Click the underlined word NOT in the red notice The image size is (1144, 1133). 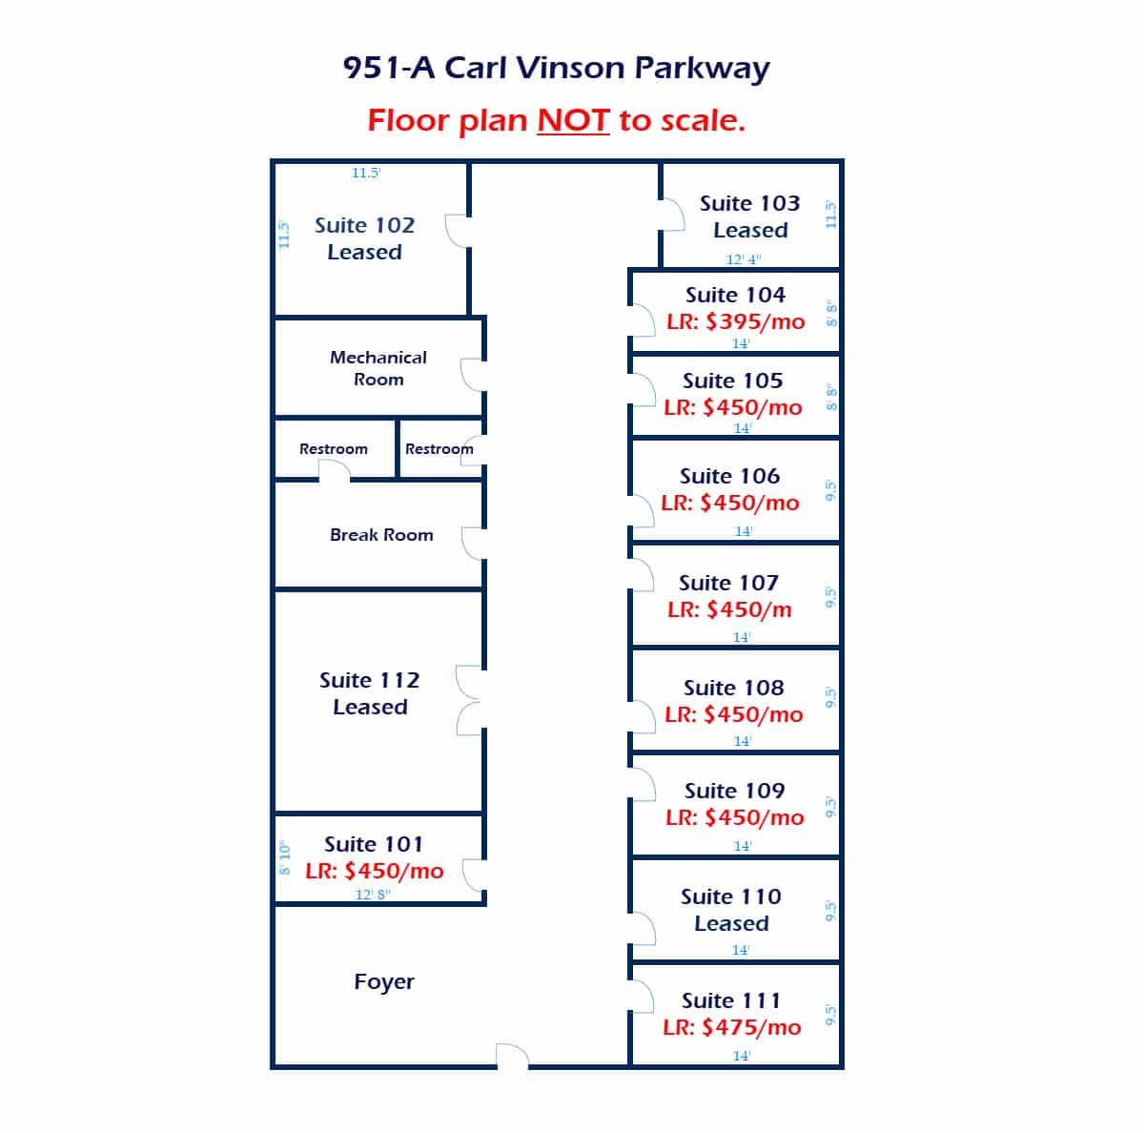[573, 120]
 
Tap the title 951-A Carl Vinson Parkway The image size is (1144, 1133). [556, 69]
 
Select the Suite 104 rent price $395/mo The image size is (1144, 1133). [755, 322]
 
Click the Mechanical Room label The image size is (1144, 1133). [378, 368]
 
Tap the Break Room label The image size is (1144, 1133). [381, 535]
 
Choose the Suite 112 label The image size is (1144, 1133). [369, 680]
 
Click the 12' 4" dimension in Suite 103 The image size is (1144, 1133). [744, 259]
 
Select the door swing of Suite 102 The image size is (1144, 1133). [458, 231]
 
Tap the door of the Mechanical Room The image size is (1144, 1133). [473, 375]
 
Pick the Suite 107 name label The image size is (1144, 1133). [728, 583]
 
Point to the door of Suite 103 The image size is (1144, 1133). [673, 215]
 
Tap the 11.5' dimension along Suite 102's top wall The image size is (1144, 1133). [366, 173]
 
